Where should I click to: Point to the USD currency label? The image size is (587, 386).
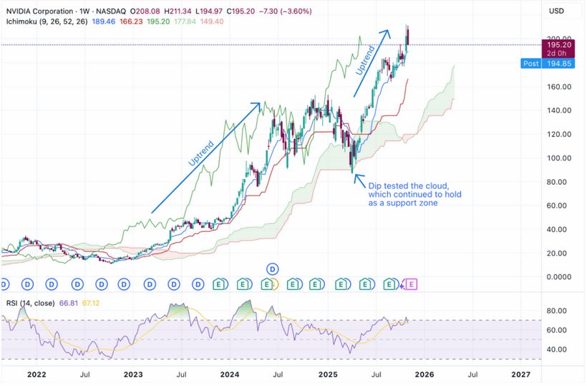point(557,11)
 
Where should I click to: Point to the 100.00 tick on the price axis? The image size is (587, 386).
point(557,158)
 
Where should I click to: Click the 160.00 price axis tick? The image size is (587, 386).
point(557,87)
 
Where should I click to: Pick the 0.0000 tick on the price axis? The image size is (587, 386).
point(557,277)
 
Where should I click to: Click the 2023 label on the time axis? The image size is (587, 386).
point(133,375)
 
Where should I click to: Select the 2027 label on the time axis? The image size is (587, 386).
point(520,375)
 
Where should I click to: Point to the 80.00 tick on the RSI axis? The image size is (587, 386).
point(557,312)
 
